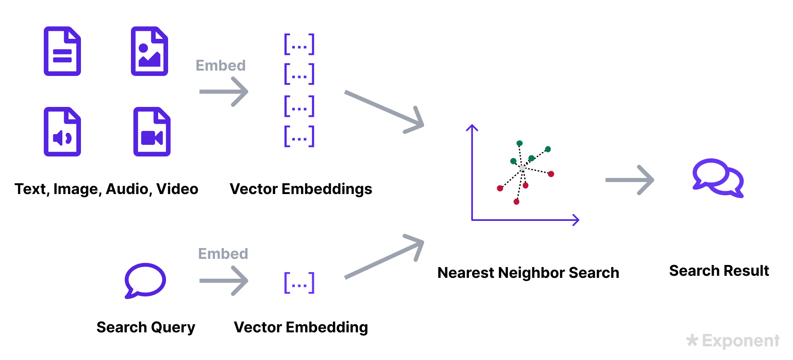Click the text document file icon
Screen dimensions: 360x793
coord(62,51)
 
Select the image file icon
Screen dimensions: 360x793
coord(150,51)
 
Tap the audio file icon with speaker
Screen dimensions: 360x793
coord(62,132)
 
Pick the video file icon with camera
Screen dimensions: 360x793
coord(152,132)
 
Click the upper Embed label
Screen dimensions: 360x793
coord(221,65)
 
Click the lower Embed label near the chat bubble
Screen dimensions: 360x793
coord(223,253)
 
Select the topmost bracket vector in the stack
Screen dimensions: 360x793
coord(299,44)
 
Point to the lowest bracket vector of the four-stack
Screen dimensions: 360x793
coord(299,136)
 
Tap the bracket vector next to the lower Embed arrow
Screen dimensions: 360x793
coord(299,283)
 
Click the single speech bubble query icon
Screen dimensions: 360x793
coord(145,280)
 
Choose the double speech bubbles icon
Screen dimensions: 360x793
coord(718,178)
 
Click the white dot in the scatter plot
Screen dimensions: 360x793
coord(522,168)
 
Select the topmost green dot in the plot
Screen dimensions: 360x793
coord(520,143)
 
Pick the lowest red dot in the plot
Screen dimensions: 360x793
coord(516,201)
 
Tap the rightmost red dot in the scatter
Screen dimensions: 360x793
coord(551,174)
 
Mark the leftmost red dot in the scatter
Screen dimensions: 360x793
coord(500,188)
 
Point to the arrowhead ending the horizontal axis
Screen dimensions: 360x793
coord(577,220)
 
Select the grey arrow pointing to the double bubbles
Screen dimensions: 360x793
coord(629,180)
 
